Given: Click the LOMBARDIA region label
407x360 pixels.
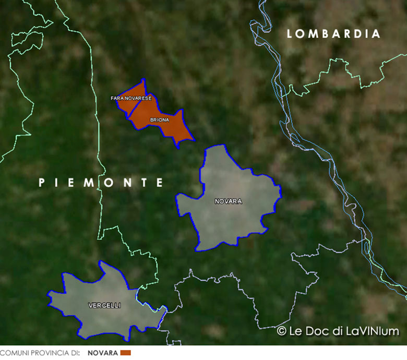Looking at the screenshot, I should click(334, 34).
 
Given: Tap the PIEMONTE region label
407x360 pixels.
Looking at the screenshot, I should click(101, 183).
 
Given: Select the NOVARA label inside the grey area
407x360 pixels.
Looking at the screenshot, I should click(228, 201).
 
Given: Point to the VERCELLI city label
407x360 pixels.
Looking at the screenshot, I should click(104, 305).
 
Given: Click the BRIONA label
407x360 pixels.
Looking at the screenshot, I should click(160, 120).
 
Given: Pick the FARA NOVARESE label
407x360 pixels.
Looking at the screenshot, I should click(131, 98).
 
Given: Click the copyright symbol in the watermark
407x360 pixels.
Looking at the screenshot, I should click(282, 331).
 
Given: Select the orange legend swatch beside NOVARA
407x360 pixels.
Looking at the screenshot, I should click(125, 353).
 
